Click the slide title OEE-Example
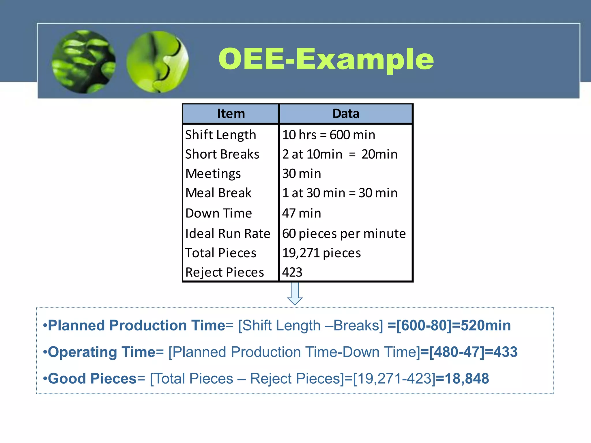tap(326, 59)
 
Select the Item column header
tap(231, 114)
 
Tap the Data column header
tap(346, 114)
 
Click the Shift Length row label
tap(221, 135)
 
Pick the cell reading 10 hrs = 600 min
tap(329, 135)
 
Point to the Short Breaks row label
tap(222, 154)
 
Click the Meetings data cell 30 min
tap(302, 174)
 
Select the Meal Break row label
tap(218, 193)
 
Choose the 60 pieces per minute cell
tap(344, 234)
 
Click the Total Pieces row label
tap(221, 253)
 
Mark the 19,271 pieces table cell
tap(321, 253)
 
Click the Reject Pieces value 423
tap(292, 272)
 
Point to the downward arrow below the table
tap(295, 294)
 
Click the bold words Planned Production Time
tap(136, 325)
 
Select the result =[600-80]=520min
tap(449, 325)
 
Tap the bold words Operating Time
tap(102, 352)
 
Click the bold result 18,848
tap(466, 378)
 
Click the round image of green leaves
tap(84, 62)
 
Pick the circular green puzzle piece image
tap(158, 62)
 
